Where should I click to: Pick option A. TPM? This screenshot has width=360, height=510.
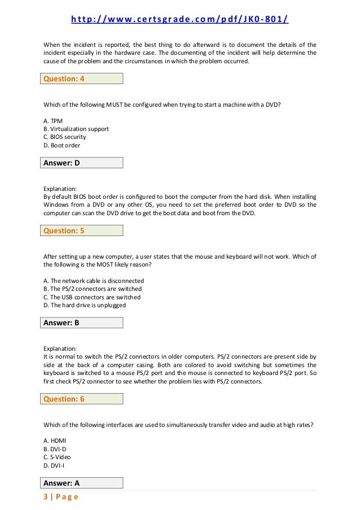click(53, 121)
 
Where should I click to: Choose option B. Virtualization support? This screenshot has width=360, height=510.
click(76, 129)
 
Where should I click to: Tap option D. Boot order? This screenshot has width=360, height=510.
click(62, 145)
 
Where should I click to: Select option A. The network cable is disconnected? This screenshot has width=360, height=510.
click(94, 281)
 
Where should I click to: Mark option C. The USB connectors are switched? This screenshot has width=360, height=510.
click(92, 297)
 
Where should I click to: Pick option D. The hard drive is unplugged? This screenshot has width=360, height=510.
click(85, 305)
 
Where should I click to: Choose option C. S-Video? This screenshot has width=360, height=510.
click(57, 457)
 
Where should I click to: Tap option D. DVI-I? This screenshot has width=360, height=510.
click(54, 465)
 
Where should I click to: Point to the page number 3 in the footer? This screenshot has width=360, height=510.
click(46, 497)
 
